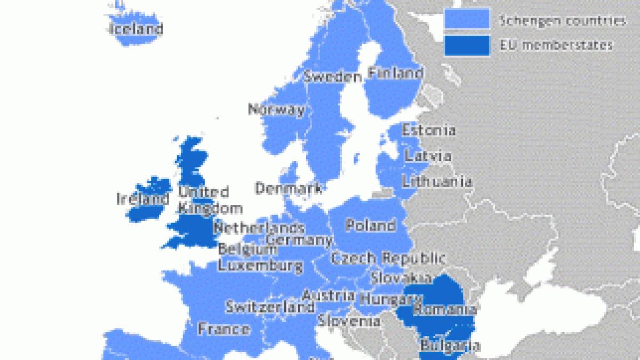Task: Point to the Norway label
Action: tap(277, 110)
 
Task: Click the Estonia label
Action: tap(428, 130)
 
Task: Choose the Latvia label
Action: tap(428, 156)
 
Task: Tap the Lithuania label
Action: tap(437, 181)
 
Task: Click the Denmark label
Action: tap(288, 188)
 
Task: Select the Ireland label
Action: tap(143, 199)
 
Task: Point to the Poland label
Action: tap(371, 225)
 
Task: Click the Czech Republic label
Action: tap(388, 259)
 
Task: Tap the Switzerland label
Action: tap(270, 308)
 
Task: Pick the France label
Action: tap(224, 329)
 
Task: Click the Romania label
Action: tap(445, 309)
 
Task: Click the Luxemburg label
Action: tap(261, 265)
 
